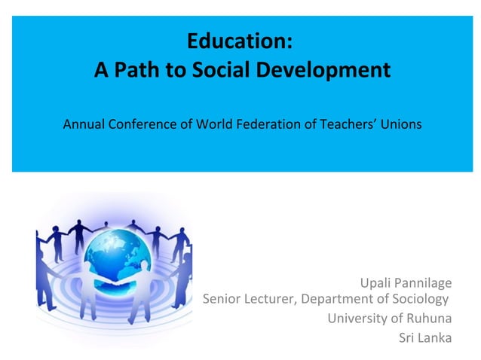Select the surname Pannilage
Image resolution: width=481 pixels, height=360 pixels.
pyautogui.click(x=425, y=283)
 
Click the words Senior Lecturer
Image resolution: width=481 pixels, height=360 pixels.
pyautogui.click(x=250, y=301)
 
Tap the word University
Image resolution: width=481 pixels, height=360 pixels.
pyautogui.click(x=354, y=318)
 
